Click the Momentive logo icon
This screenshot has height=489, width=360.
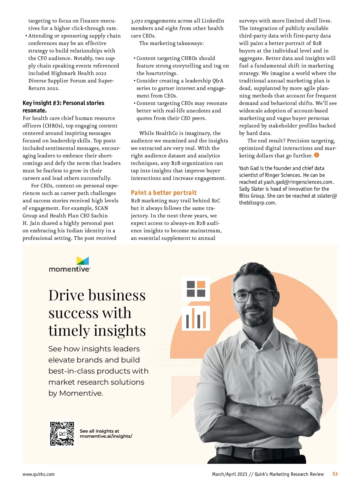click(82, 261)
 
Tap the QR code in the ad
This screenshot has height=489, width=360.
click(62, 434)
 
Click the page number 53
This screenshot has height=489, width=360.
click(335, 474)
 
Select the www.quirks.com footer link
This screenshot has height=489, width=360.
click(38, 474)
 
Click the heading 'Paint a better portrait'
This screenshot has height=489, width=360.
click(163, 193)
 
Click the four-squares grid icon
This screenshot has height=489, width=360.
click(196, 289)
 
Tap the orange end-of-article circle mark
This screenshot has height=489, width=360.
click(316, 155)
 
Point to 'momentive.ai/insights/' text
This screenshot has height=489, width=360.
click(106, 436)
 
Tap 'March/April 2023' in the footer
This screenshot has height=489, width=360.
click(229, 474)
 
